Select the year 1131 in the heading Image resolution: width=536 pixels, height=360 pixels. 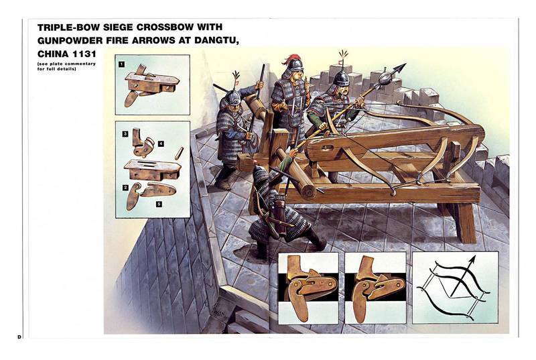click(84, 54)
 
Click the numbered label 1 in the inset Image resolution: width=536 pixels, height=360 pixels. click(121, 64)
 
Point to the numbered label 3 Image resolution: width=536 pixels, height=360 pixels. click(125, 133)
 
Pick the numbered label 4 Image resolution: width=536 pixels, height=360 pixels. click(161, 143)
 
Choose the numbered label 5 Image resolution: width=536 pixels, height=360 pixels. click(159, 204)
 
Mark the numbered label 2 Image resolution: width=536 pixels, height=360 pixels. click(125, 187)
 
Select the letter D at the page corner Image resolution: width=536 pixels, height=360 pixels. click(19, 337)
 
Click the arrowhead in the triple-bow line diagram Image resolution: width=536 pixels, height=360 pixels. click(472, 261)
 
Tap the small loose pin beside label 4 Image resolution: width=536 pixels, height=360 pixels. click(179, 154)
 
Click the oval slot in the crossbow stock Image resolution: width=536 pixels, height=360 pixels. click(328, 147)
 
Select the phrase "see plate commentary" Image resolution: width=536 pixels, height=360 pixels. click(66, 64)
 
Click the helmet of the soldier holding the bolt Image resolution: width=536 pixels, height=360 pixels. click(341, 78)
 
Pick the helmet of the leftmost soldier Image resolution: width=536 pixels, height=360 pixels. click(233, 98)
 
